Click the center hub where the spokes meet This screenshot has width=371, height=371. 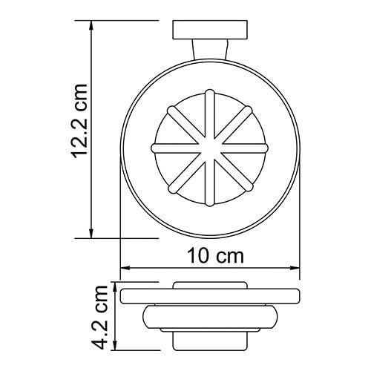[x=209, y=147]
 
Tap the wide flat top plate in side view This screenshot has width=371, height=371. [x=210, y=295]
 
